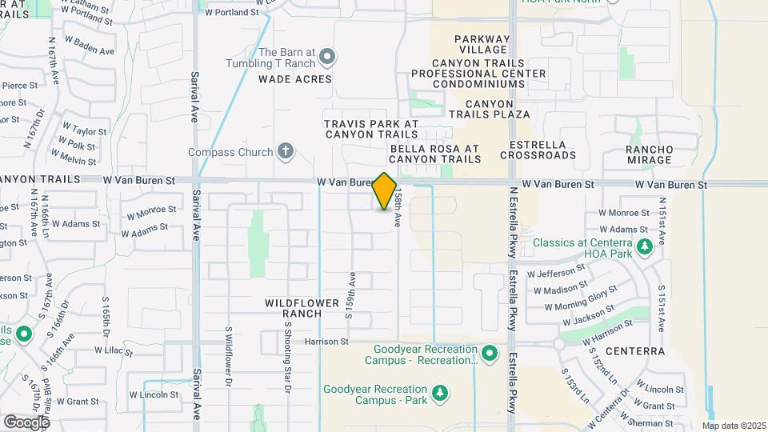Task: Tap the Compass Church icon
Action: [x=286, y=151]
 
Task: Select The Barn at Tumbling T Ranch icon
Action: [x=326, y=57]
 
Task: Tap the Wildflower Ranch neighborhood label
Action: [x=294, y=308]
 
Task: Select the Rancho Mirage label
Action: [x=650, y=154]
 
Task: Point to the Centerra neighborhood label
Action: [x=635, y=350]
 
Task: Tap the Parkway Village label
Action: [x=482, y=45]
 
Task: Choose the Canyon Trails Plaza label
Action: [x=498, y=109]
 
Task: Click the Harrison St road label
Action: [x=327, y=342]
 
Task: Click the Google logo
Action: [x=26, y=422]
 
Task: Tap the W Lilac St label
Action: [x=113, y=350]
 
